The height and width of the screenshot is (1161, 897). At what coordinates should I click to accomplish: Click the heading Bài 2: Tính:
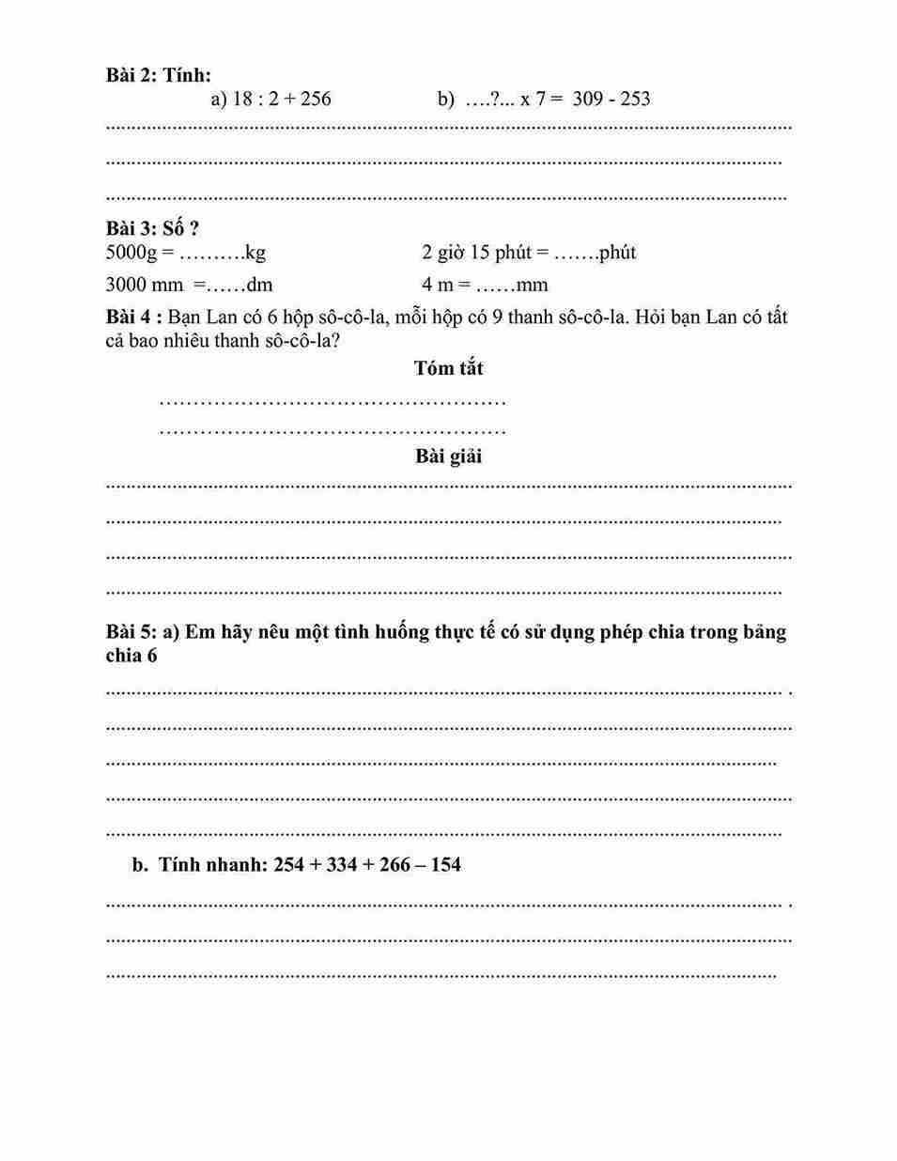pyautogui.click(x=159, y=75)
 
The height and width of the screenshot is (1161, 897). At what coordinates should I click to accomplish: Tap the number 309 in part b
pyautogui.click(x=587, y=99)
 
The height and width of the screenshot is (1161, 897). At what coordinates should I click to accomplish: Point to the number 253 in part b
pyautogui.click(x=635, y=99)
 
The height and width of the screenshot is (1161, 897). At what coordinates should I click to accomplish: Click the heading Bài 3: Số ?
pyautogui.click(x=152, y=228)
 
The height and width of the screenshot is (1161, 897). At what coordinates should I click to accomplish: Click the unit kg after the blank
pyautogui.click(x=255, y=253)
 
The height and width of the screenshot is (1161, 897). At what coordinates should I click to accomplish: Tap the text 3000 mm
pyautogui.click(x=144, y=286)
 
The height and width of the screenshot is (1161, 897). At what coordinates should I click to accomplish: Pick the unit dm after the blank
pyautogui.click(x=259, y=286)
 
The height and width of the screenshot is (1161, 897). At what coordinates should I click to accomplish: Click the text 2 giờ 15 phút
pyautogui.click(x=476, y=253)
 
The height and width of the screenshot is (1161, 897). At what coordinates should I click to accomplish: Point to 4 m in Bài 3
pyautogui.click(x=438, y=286)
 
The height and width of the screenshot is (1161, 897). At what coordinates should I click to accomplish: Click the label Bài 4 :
pyautogui.click(x=133, y=317)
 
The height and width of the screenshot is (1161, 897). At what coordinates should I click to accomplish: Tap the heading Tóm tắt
pyautogui.click(x=448, y=368)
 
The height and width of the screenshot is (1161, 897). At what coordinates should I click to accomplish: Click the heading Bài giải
pyautogui.click(x=448, y=457)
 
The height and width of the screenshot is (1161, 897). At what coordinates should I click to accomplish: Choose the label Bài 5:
pyautogui.click(x=131, y=632)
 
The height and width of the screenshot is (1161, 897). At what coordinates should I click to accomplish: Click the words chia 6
pyautogui.click(x=131, y=656)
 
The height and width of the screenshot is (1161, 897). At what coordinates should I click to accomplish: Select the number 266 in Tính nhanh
pyautogui.click(x=394, y=865)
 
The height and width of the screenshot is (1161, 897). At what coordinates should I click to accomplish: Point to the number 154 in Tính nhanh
pyautogui.click(x=446, y=865)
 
